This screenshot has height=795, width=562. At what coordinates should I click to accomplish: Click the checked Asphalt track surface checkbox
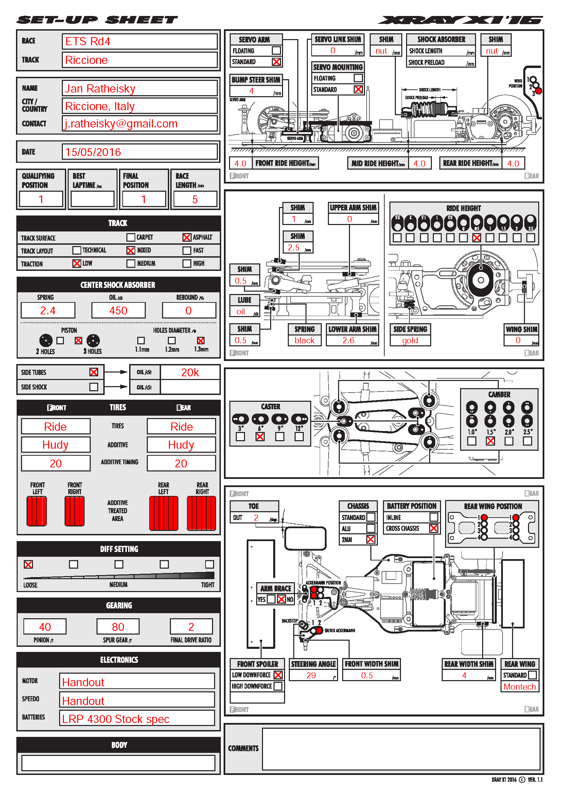187,237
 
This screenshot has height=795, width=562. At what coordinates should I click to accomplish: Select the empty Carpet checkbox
130,237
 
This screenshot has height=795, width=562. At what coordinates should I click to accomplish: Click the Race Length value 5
195,200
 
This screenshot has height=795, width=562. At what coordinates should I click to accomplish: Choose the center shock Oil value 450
118,310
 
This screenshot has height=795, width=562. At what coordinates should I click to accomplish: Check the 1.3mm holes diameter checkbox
201,340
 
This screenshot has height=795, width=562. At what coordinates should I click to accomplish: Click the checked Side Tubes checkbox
94,372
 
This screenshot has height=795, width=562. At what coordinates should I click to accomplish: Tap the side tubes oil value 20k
190,372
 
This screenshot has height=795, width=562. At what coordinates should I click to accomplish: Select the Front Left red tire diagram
37,511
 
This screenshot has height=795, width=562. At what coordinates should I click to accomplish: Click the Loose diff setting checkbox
29,565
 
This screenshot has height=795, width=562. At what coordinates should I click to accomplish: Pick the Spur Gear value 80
118,627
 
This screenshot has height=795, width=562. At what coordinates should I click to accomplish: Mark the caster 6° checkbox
260,437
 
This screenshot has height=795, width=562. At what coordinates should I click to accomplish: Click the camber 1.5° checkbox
490,441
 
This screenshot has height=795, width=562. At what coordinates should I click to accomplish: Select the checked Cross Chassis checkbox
433,528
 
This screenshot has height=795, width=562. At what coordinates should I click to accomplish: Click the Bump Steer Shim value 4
252,91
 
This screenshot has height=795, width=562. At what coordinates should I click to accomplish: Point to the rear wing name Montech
520,687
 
